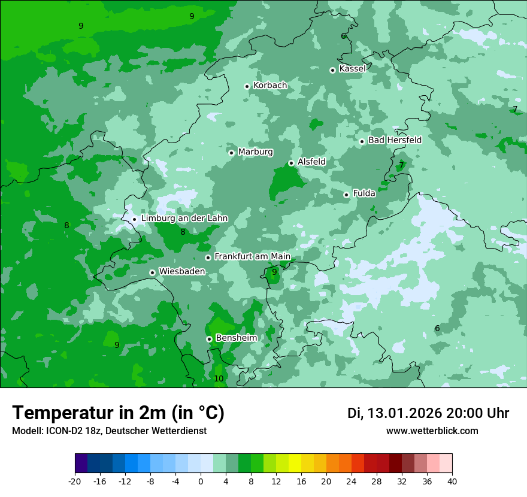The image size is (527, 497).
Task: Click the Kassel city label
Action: point(352,69)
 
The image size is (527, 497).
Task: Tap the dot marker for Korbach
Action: point(247,86)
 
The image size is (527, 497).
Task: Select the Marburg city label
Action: point(255,152)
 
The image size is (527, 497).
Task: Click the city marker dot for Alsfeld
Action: point(291,163)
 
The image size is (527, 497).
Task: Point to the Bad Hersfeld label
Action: point(395,140)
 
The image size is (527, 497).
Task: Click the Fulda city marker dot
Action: point(346,195)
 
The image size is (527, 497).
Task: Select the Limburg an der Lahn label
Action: point(184,219)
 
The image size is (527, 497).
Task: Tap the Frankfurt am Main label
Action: point(252,256)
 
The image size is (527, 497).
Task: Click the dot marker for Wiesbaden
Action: point(152,272)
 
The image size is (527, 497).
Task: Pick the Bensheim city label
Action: point(236,338)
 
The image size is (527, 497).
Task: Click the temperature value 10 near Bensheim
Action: point(219,378)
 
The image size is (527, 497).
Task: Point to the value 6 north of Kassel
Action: point(343,36)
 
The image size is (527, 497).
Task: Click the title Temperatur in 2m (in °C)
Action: point(119,413)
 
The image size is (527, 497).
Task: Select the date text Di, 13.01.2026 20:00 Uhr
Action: point(428,413)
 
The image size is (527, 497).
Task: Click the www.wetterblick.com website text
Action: point(432,431)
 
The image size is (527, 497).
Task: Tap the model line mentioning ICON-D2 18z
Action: point(109,431)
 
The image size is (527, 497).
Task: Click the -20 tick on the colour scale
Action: point(75,481)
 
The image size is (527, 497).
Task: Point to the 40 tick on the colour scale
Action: point(452,481)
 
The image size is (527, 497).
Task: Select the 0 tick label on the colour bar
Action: point(201,481)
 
